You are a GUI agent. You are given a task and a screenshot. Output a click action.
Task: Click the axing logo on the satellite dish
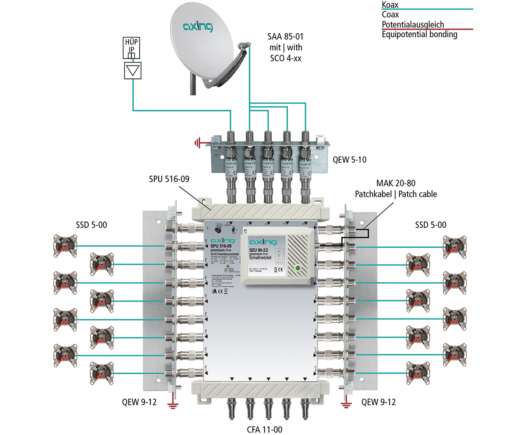point(198,27)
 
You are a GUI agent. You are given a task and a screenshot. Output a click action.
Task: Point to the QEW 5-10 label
point(349,160)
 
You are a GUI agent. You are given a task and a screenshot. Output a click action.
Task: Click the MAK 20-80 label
point(396,183)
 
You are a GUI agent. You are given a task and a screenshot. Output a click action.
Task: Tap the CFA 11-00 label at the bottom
point(264,429)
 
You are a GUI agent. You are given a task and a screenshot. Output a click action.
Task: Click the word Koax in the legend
point(390,5)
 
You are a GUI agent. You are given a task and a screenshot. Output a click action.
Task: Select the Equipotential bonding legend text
point(419,34)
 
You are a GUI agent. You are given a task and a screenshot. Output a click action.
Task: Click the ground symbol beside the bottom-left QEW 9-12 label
point(173,406)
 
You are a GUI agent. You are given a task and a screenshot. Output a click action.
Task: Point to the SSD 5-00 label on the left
point(91,225)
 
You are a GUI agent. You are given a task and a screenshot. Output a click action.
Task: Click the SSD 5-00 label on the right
point(430,225)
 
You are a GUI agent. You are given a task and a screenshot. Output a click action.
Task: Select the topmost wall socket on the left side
point(64,245)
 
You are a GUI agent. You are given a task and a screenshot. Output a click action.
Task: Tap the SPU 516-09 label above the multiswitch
point(169,179)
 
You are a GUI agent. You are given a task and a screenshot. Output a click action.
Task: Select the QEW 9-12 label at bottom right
point(378,402)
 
